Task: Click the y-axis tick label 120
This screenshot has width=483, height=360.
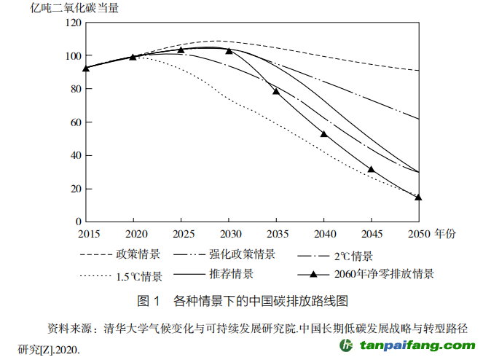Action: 71,22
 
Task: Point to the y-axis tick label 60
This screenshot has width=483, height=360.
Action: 73,122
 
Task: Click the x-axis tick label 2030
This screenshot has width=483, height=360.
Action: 229,233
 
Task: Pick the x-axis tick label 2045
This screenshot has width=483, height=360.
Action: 372,233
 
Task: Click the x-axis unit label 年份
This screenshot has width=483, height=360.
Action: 446,233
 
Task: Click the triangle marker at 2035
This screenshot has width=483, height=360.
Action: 276,91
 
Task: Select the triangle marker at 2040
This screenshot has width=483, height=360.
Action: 324,134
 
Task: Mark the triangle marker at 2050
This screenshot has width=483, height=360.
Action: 418,197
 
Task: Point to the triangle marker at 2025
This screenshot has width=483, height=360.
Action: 181,50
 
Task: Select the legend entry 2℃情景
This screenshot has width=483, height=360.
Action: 353,257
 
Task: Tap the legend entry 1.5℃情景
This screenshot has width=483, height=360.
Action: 138,276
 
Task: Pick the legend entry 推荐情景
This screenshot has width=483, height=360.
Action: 231,275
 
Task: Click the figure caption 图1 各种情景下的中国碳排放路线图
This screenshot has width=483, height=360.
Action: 241,300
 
